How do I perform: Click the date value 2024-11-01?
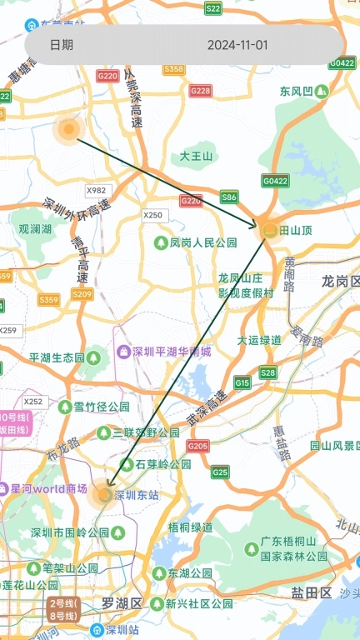click(x=237, y=45)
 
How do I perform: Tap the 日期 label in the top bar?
click(x=61, y=45)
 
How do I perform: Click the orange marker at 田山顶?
click(x=269, y=229)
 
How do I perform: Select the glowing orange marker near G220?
click(x=68, y=129)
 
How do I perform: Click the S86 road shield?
click(x=229, y=197)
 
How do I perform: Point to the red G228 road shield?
click(x=200, y=91)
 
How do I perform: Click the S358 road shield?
click(x=174, y=69)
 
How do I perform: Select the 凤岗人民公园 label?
click(x=192, y=242)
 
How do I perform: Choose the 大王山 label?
click(x=197, y=156)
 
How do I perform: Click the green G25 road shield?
click(x=220, y=472)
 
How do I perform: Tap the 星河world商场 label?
click(x=48, y=489)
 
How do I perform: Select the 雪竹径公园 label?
click(x=101, y=407)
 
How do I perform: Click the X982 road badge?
click(x=97, y=190)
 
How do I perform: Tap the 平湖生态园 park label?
click(x=57, y=357)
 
